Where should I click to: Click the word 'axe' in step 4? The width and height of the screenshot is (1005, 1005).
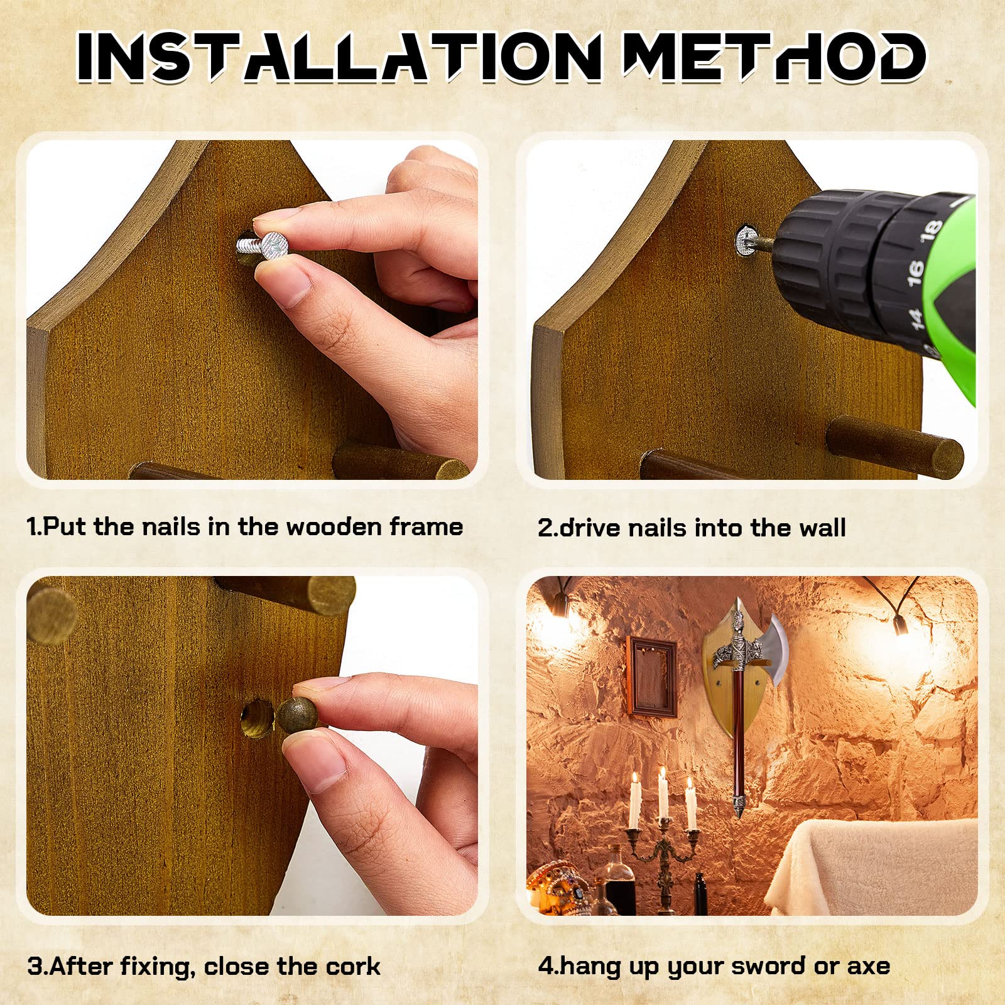pyautogui.click(x=869, y=966)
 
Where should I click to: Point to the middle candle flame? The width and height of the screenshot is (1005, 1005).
pyautogui.click(x=662, y=774)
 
